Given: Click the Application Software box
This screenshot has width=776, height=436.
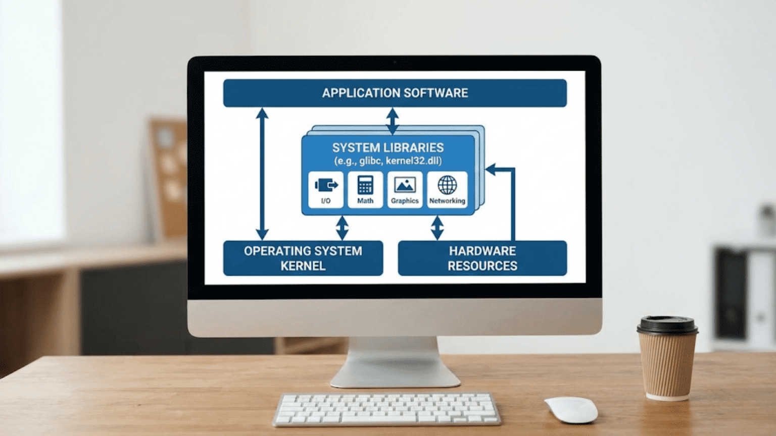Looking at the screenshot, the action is (x=395, y=93).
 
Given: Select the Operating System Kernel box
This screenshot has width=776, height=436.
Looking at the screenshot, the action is (x=303, y=258).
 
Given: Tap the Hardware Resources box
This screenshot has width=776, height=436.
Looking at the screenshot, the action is (x=482, y=258).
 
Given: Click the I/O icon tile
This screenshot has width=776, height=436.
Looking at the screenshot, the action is (x=326, y=190).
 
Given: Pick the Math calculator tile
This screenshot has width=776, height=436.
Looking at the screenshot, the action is (x=365, y=190).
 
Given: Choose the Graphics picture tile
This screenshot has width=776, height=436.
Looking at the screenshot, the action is (x=405, y=190).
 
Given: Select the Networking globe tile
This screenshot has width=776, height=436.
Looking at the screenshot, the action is (x=447, y=190).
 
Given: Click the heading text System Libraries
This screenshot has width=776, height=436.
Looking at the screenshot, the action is (x=388, y=148).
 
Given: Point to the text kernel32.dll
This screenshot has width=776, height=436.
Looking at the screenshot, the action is (x=414, y=161).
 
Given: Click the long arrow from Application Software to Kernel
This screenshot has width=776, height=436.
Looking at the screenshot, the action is (x=262, y=174).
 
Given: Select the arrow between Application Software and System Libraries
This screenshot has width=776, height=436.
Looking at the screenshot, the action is (x=392, y=121).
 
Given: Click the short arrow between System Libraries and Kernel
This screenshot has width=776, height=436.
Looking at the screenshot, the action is (x=342, y=228).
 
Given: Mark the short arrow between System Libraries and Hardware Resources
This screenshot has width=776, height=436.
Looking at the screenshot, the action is (x=437, y=228).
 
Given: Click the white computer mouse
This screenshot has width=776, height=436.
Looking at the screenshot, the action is (x=571, y=410).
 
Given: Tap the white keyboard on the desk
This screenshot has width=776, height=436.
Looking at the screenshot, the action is (x=387, y=409).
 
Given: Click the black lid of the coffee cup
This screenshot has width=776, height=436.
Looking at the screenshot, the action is (x=667, y=325).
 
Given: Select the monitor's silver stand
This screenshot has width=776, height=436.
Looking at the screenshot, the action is (x=395, y=362).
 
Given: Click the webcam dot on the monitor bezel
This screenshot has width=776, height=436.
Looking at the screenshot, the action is (x=395, y=63).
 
